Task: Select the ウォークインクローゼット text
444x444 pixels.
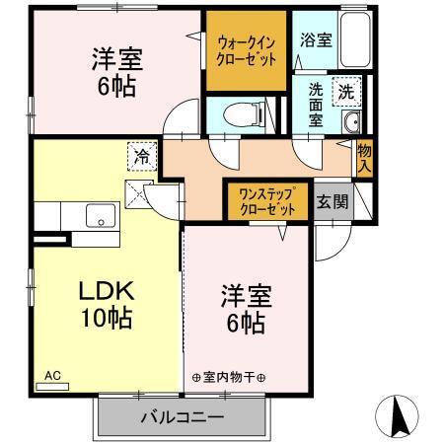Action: pyautogui.click(x=247, y=49)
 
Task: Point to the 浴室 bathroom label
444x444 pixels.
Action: pyautogui.click(x=317, y=42)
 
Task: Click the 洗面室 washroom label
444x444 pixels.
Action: pyautogui.click(x=315, y=101)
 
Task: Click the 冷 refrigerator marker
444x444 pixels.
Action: pyautogui.click(x=142, y=156)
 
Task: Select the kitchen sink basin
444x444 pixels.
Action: pyautogui.click(x=100, y=215)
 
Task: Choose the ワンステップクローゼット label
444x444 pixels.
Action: pyautogui.click(x=267, y=201)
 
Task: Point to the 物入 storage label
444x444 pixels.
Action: pyautogui.click(x=364, y=159)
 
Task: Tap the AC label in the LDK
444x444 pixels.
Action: pyautogui.click(x=53, y=377)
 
